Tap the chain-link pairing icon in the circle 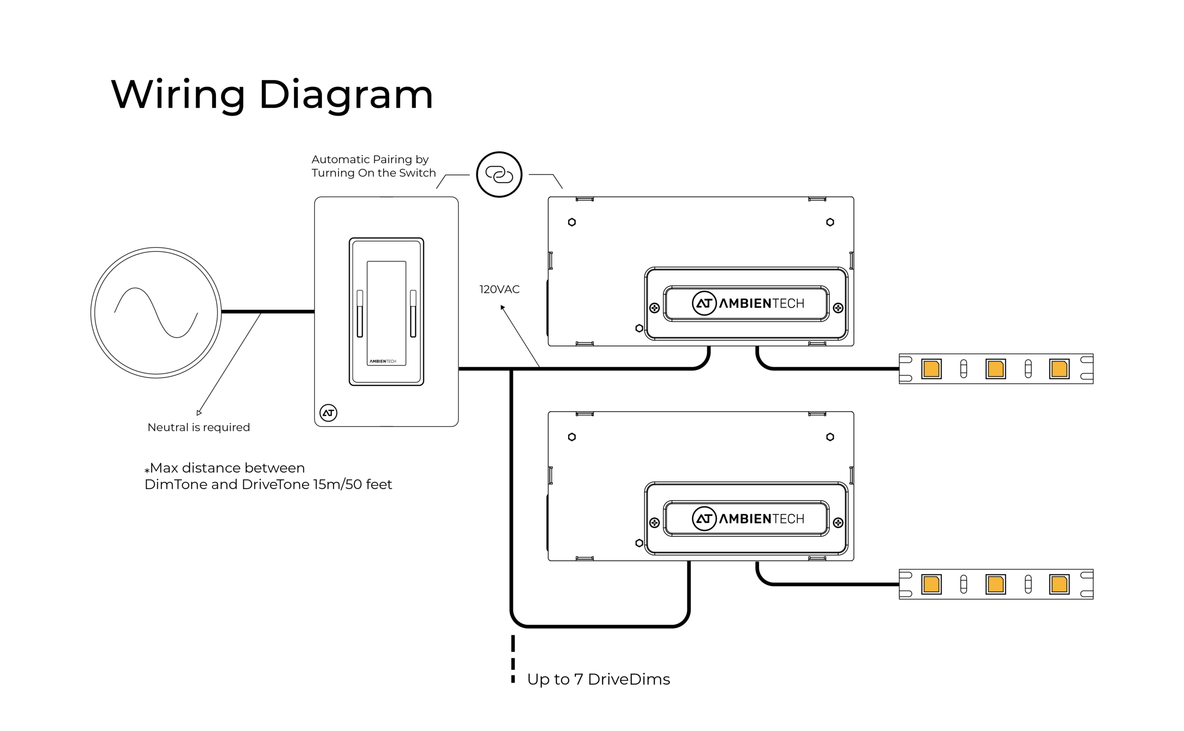pyautogui.click(x=499, y=174)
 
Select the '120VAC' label pyautogui.click(x=499, y=289)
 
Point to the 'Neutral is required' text pyautogui.click(x=198, y=427)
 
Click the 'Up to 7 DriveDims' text pyautogui.click(x=598, y=679)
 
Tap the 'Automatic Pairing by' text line pyautogui.click(x=370, y=159)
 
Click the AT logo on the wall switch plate pyautogui.click(x=328, y=412)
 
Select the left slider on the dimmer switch pyautogui.click(x=360, y=313)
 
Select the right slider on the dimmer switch pyautogui.click(x=413, y=313)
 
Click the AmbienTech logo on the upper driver pyautogui.click(x=747, y=303)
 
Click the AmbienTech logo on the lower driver pyautogui.click(x=747, y=518)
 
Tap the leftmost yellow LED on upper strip pyautogui.click(x=931, y=369)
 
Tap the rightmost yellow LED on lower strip pyautogui.click(x=1059, y=584)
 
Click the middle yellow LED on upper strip pyautogui.click(x=995, y=369)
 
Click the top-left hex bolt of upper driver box pyautogui.click(x=572, y=222)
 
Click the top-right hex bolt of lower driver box pyautogui.click(x=830, y=437)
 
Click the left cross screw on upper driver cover pyautogui.click(x=654, y=308)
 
